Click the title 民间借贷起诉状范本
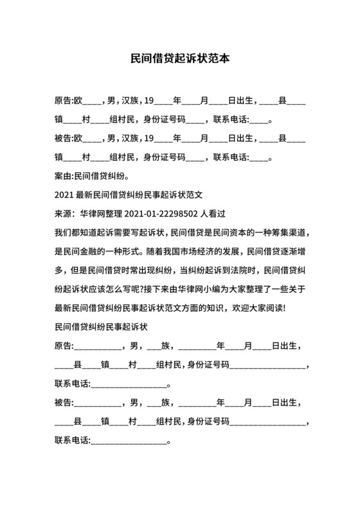179,58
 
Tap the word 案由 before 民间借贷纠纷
64,174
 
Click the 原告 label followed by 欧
64,102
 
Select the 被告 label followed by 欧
64,138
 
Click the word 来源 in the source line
64,213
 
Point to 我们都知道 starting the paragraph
74,231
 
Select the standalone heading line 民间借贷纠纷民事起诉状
102,326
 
